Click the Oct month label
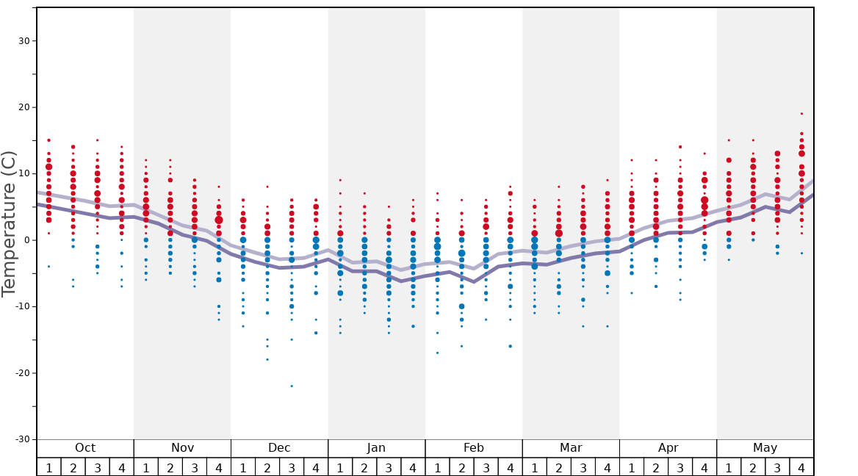(x=85, y=448)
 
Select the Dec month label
(x=279, y=448)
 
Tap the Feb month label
(x=474, y=448)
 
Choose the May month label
(x=765, y=448)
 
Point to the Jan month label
(x=376, y=448)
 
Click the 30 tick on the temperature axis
(x=24, y=41)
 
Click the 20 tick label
(x=24, y=107)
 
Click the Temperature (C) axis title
(x=9, y=223)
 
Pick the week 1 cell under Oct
(x=48, y=467)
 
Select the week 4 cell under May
(x=801, y=467)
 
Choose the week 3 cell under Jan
(x=389, y=467)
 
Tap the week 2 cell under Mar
(x=558, y=467)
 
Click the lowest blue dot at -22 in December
(x=292, y=386)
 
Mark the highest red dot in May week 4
(x=801, y=114)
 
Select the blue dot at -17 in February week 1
(x=437, y=353)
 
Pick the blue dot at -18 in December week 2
(x=267, y=359)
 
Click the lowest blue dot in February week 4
(x=510, y=346)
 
